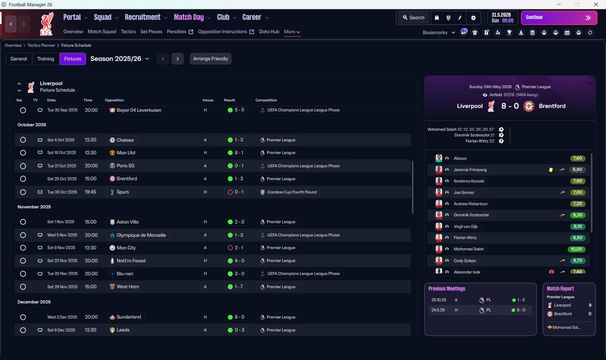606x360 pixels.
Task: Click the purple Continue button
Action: (559, 18)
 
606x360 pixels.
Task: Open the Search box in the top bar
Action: (413, 18)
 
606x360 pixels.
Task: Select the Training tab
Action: (45, 59)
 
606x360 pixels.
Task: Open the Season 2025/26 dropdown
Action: (120, 59)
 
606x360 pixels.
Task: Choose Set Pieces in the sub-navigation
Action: (151, 32)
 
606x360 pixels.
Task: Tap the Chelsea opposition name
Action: (125, 140)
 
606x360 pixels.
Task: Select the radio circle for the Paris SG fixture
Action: (23, 166)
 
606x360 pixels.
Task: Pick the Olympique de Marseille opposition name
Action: (141, 235)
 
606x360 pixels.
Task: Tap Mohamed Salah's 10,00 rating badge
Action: (576, 249)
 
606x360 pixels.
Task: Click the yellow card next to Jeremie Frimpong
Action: (551, 170)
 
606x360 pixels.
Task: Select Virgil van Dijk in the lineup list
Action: (465, 226)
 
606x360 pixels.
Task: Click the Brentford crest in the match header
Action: (529, 106)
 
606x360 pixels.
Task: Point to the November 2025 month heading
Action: (34, 207)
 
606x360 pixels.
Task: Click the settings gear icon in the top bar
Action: (473, 18)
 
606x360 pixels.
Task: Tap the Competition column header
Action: (266, 100)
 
